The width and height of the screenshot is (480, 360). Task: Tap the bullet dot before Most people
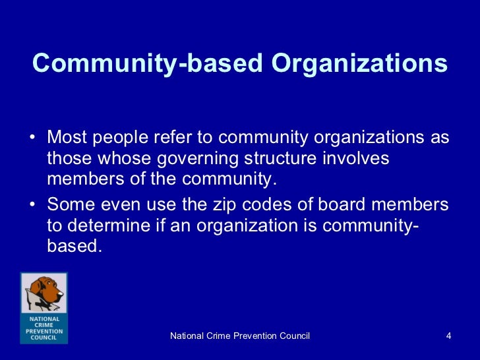click(x=34, y=138)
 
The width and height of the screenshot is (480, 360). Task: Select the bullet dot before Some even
click(x=34, y=204)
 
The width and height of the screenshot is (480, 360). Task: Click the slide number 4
click(x=448, y=337)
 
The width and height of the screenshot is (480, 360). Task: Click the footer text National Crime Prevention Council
click(x=240, y=337)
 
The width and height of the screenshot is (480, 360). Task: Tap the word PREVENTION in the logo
click(x=44, y=331)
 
